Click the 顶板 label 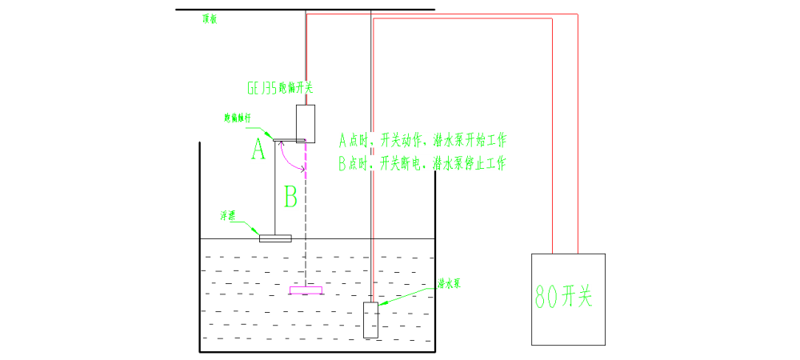click(x=209, y=19)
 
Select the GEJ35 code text click(x=262, y=88)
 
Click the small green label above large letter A click(x=237, y=118)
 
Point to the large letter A click(x=258, y=150)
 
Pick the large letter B click(x=291, y=196)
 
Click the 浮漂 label click(x=227, y=216)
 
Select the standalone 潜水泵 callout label click(x=448, y=283)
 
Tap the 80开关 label click(x=563, y=297)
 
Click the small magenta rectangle click(x=306, y=290)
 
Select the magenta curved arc click(x=290, y=160)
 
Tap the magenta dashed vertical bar click(x=306, y=159)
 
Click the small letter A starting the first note click(x=343, y=141)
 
